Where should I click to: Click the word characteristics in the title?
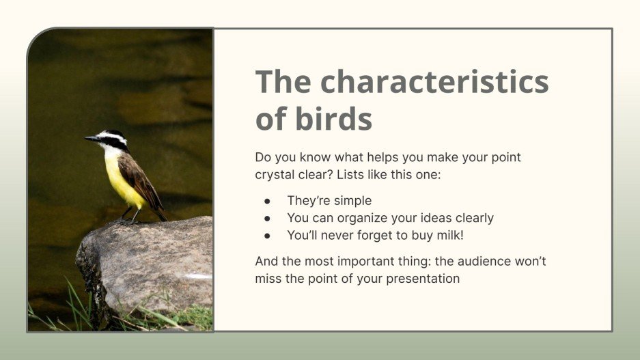(x=434, y=83)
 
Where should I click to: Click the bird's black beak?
(x=91, y=139)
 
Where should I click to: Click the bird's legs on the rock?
(x=130, y=215)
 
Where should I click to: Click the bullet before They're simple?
(x=268, y=201)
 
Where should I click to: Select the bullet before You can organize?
(x=268, y=219)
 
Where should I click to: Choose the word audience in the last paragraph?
(x=483, y=261)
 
